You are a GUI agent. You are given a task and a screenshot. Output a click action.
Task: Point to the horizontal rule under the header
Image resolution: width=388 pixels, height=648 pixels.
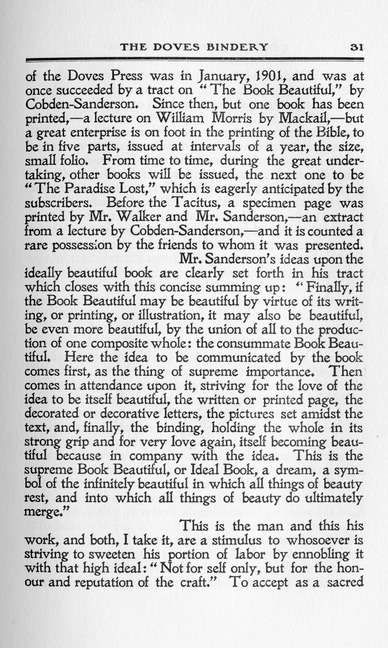(195, 60)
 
